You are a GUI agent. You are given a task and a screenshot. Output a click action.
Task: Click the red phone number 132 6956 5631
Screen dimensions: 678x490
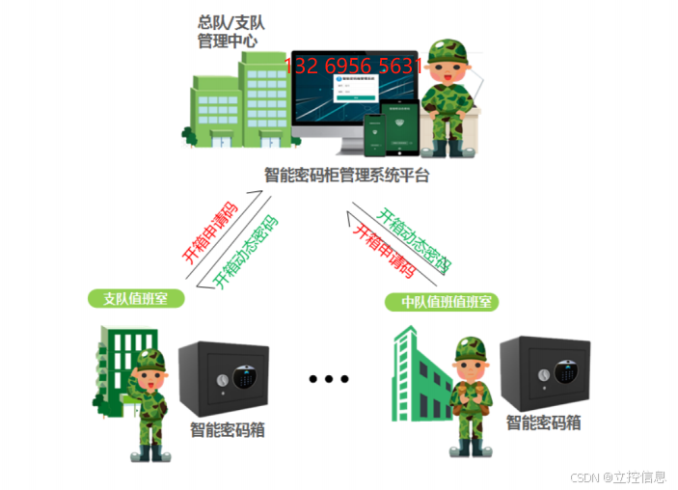[354, 66]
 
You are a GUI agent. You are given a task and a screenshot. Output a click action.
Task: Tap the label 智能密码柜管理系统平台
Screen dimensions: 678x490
[346, 176]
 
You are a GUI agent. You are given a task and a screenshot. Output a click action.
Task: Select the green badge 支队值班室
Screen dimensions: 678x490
[136, 298]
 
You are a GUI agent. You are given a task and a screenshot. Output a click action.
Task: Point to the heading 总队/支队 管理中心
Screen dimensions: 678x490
[230, 31]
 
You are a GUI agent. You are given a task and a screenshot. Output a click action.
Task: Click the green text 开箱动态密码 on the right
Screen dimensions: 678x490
[414, 240]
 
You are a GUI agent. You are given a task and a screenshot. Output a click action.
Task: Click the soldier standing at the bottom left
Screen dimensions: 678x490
[149, 405]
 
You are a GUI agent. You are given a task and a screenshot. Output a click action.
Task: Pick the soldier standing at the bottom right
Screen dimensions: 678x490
[470, 395]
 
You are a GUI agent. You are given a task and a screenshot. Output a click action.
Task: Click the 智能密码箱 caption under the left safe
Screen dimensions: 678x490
[228, 430]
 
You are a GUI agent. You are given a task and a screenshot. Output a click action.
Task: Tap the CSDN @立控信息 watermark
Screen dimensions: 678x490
[618, 476]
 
